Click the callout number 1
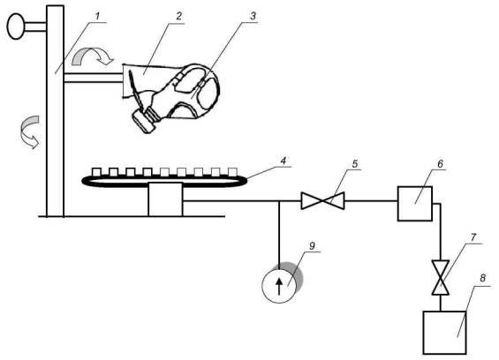point(98,16)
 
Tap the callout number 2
point(179,16)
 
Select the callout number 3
point(253,16)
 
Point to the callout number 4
point(283,160)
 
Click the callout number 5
point(355,164)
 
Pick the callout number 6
point(440,164)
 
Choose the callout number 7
point(473,237)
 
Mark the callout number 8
point(483,278)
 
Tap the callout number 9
point(312,245)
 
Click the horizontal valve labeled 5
point(322,201)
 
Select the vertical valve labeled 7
point(440,278)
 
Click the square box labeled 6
point(415,204)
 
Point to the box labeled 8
point(445,333)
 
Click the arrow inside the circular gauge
point(279,286)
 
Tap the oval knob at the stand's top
point(16,26)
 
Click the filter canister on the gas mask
point(144,120)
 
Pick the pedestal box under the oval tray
point(165,199)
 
